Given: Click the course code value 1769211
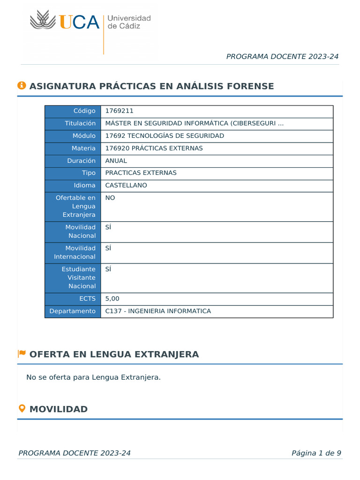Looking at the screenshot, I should point(119,111).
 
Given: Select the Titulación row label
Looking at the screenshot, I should point(80,123).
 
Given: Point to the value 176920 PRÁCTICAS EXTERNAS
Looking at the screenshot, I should point(154,148).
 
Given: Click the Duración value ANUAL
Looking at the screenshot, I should point(116,161).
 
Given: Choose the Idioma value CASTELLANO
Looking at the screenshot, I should point(126,185).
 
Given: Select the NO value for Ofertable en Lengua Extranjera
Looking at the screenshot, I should point(110,198).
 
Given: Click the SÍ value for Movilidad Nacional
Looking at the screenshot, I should point(108,227).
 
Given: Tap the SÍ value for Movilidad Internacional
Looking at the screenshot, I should point(108,248).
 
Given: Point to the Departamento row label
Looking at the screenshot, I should point(73,311).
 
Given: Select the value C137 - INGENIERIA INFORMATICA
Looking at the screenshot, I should point(158,311).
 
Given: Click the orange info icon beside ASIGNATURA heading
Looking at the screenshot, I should point(22,85).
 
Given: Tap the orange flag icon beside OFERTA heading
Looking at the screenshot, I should point(22,353).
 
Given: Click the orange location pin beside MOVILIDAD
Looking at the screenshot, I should point(22,408).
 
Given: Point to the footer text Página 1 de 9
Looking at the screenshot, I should point(316,453).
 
